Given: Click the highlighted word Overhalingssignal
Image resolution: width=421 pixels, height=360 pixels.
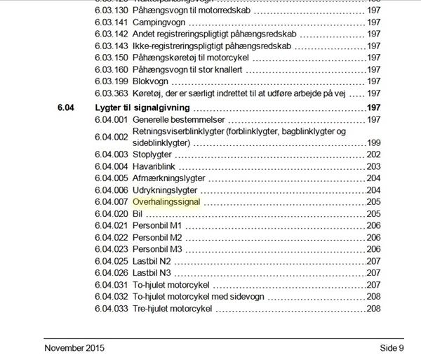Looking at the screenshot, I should (x=166, y=201).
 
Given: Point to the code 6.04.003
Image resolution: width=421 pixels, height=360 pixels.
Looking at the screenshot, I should (x=111, y=154).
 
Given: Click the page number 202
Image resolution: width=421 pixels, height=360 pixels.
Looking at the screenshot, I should (x=373, y=154).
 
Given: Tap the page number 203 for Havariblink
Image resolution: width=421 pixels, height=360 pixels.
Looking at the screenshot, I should (x=373, y=166).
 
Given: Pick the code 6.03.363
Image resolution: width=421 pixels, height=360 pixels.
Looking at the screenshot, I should (x=111, y=93).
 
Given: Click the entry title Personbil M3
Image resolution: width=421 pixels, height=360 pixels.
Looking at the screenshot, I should (x=158, y=249).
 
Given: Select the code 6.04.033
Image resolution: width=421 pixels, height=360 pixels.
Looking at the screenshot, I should (x=111, y=309).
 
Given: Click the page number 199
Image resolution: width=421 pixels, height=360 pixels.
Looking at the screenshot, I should (x=373, y=142).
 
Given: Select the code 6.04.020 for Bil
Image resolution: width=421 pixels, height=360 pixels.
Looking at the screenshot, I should (x=111, y=213).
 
